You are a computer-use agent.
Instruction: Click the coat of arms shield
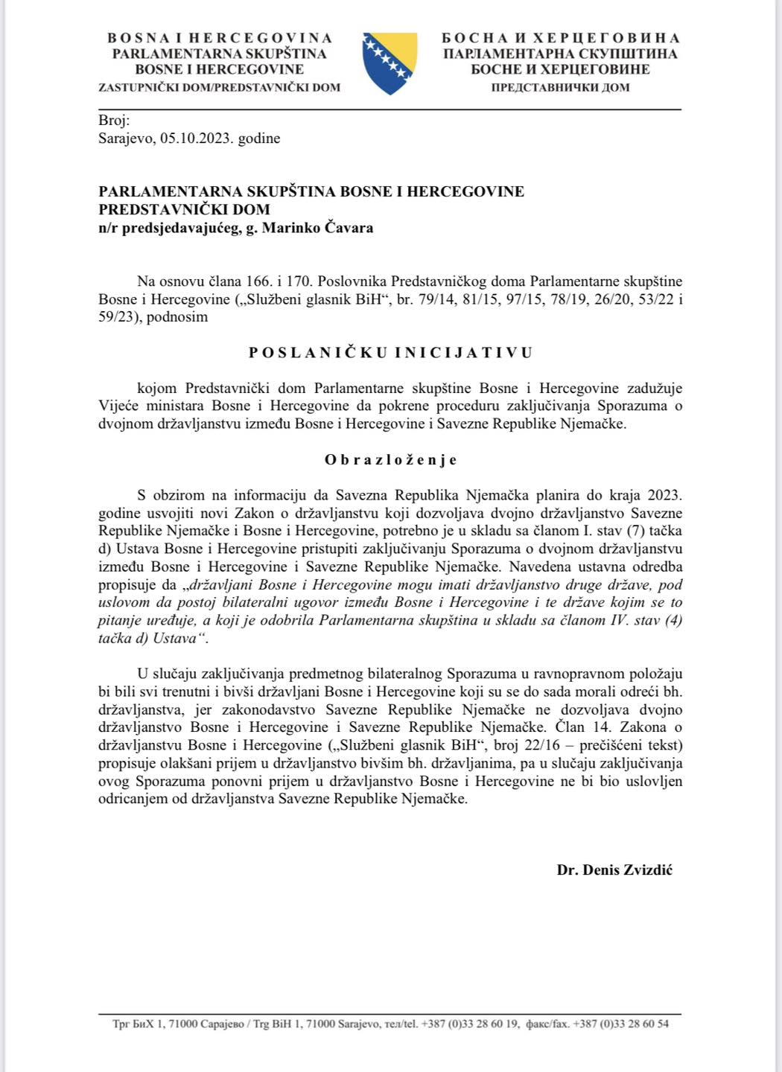(390, 63)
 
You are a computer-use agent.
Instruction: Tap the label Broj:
(114, 121)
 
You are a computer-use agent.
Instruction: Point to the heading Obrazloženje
(390, 460)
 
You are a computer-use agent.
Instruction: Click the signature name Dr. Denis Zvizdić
(614, 870)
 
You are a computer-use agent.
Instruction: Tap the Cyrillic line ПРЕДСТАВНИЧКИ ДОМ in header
(560, 87)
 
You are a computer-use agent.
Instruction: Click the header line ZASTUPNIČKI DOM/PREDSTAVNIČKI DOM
(219, 87)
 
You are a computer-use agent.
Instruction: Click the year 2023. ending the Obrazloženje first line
(664, 495)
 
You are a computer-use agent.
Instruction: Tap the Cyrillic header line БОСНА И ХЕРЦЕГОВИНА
(560, 38)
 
